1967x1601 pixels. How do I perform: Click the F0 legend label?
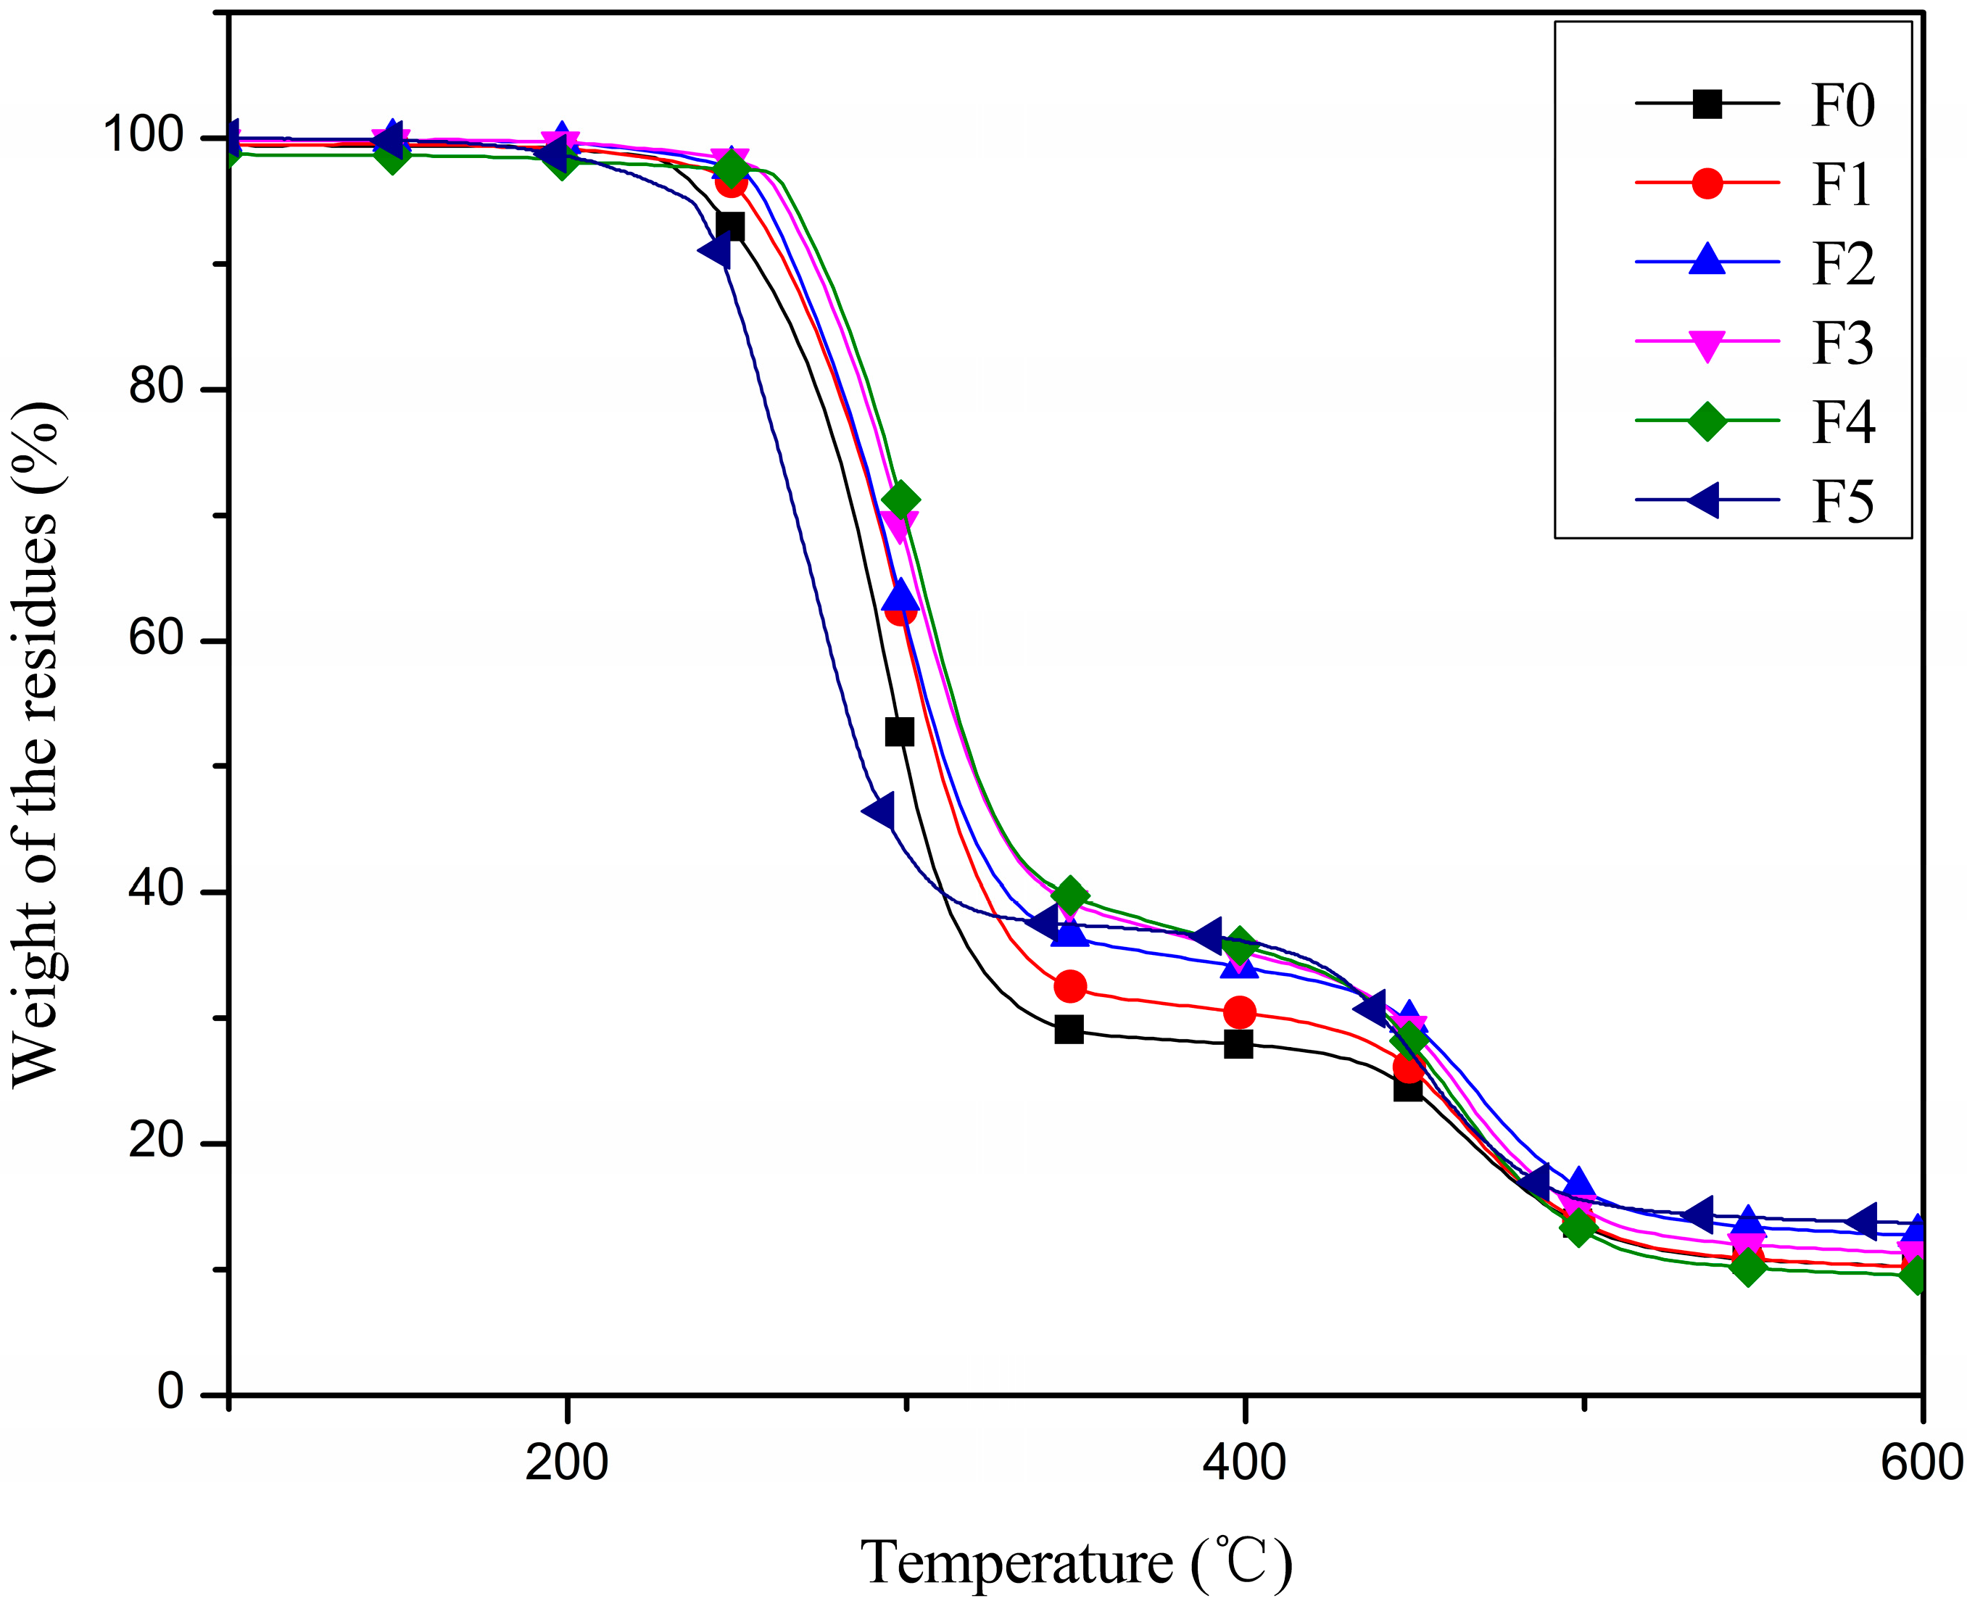(1842, 105)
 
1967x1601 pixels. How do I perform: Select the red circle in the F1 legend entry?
(1707, 183)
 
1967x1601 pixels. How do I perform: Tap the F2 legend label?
(1842, 264)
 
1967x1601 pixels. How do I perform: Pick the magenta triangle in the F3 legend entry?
(1707, 344)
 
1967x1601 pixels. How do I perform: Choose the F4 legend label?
(1842, 423)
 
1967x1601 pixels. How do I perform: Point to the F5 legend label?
(1842, 502)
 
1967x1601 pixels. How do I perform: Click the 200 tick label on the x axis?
(566, 1463)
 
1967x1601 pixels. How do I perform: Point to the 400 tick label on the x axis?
(1244, 1463)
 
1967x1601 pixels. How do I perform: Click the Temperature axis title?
(1076, 1563)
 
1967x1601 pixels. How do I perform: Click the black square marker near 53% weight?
(899, 732)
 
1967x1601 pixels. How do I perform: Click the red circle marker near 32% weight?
(1069, 987)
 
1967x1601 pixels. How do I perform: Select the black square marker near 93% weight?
(729, 226)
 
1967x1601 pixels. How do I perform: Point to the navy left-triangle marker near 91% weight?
(716, 250)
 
